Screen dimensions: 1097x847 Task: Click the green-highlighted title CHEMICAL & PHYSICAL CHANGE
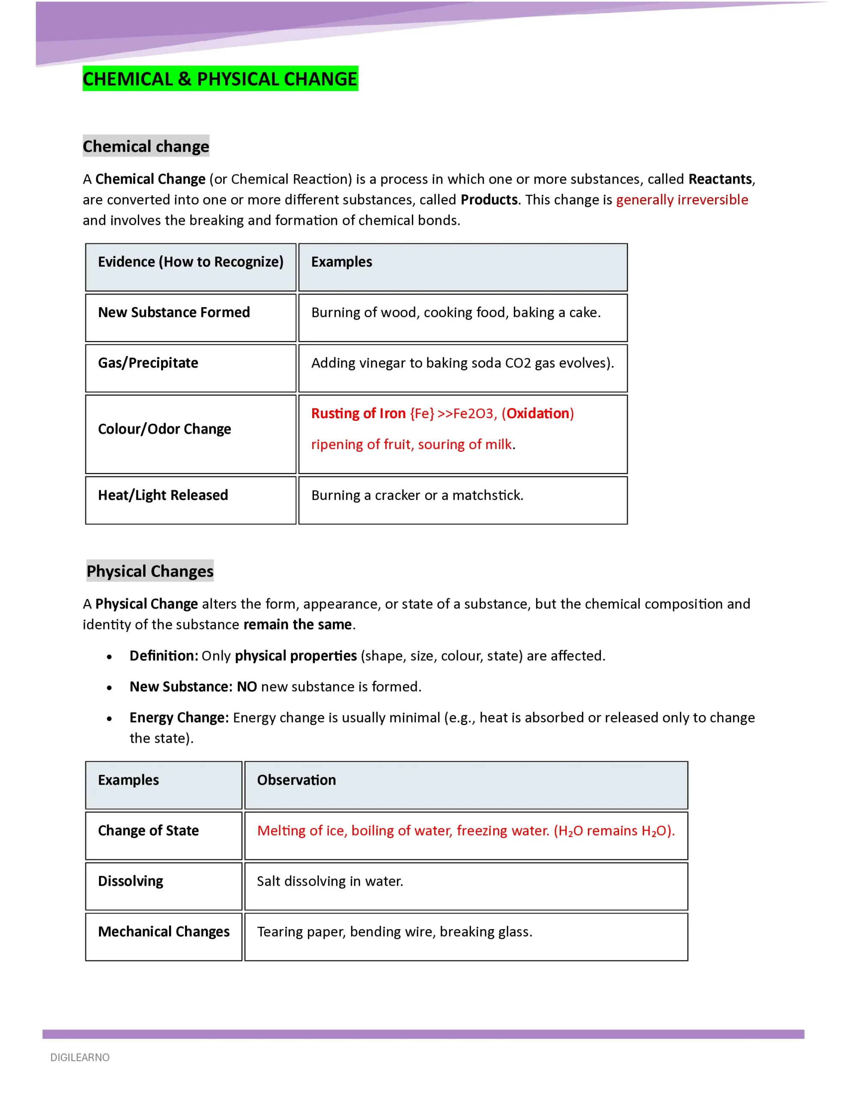point(220,79)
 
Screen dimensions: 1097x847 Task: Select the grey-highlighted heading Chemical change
point(146,146)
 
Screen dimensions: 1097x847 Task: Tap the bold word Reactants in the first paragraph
point(720,179)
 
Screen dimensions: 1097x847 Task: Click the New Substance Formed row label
point(174,312)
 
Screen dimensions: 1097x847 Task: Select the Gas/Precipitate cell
point(148,363)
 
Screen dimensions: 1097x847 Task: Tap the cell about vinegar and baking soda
point(462,363)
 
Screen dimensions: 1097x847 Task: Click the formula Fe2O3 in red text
point(474,414)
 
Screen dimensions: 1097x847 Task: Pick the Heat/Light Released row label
point(163,495)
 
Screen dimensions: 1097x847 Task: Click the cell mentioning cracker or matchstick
point(417,495)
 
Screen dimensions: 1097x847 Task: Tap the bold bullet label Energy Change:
point(179,717)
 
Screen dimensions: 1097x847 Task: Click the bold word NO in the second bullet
point(247,686)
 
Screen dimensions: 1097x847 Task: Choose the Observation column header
point(296,780)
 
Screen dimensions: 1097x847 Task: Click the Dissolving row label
point(131,881)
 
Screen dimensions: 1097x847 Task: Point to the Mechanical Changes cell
point(164,932)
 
